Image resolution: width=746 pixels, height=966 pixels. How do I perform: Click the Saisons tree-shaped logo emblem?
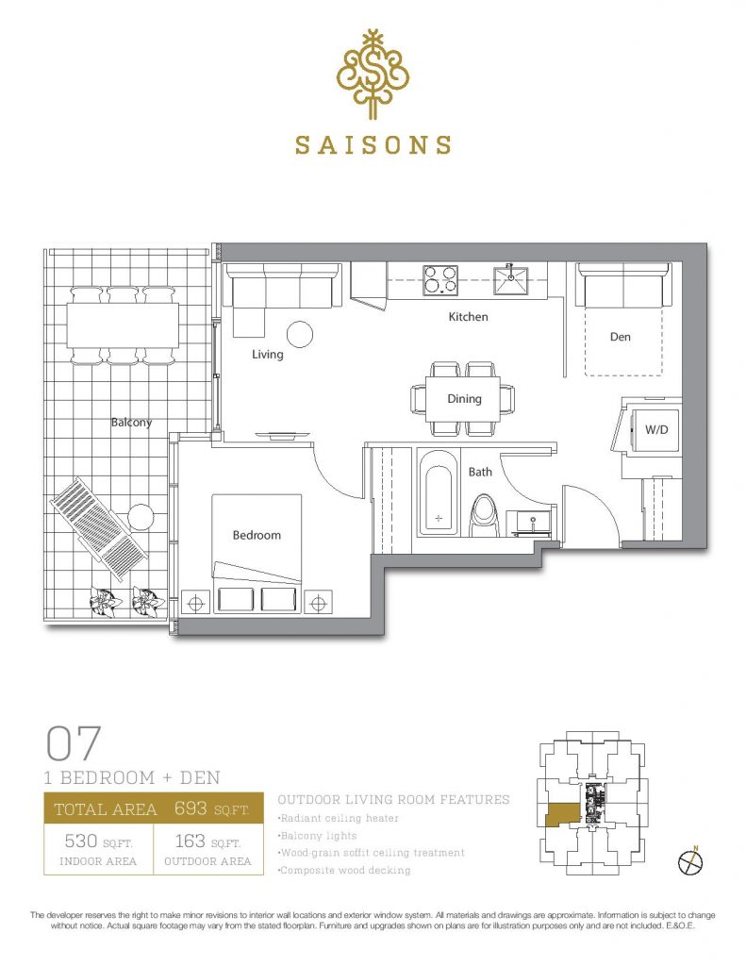point(373,74)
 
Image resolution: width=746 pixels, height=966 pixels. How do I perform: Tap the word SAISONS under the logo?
point(373,144)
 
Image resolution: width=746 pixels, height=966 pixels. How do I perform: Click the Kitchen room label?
point(468,317)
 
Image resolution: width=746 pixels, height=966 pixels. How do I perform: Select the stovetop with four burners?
point(440,279)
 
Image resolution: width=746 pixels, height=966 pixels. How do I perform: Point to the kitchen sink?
point(510,279)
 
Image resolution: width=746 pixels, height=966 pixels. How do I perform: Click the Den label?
point(621,337)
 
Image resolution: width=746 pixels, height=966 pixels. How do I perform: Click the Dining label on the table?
point(464,399)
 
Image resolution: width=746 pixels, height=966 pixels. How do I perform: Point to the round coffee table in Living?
point(300,335)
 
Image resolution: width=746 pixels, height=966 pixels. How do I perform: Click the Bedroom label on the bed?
point(257,536)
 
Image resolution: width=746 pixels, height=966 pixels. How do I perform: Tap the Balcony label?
point(131,423)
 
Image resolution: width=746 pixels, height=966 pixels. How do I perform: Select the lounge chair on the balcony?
point(99,528)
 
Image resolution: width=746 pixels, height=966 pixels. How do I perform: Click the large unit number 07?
point(74,743)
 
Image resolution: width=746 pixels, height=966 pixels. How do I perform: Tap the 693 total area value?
point(191,808)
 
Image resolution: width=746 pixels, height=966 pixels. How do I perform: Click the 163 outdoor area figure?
point(190,841)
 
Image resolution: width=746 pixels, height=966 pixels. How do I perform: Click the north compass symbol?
point(690,861)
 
